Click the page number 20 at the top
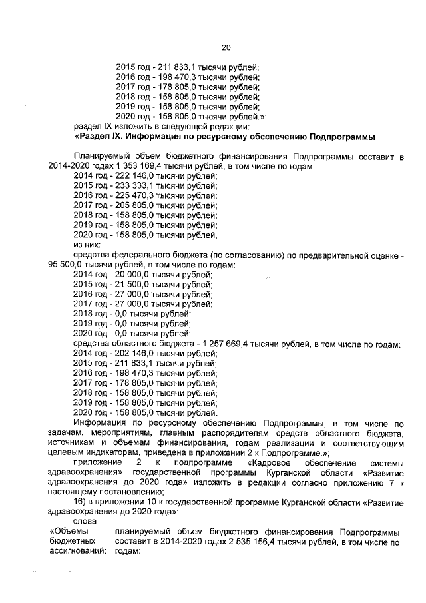point(225,47)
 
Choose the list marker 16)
point(81,501)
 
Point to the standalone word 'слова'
point(85,521)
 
